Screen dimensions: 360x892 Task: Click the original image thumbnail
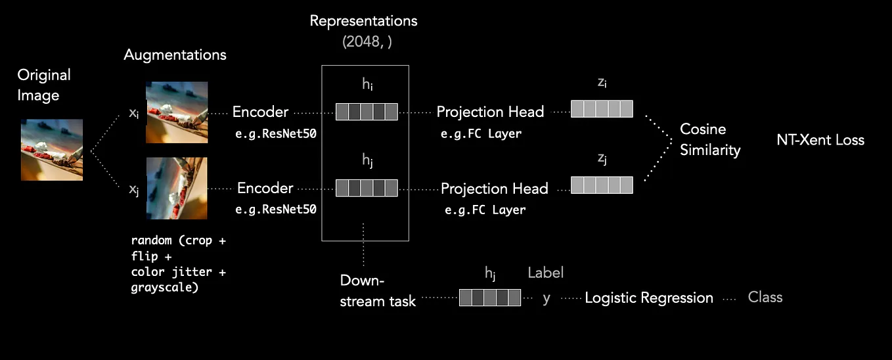point(52,150)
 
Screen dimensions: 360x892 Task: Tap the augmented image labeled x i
point(177,112)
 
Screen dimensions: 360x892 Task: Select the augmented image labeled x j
point(177,188)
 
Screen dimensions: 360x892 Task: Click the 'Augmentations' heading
point(175,55)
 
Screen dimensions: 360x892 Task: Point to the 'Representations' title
point(363,20)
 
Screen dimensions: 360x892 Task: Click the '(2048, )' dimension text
point(364,41)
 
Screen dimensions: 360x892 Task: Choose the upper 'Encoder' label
point(260,112)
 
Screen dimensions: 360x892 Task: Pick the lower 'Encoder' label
point(265,188)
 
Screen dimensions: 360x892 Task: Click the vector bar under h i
point(367,112)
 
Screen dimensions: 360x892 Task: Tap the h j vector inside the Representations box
point(367,188)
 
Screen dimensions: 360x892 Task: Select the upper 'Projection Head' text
point(490,112)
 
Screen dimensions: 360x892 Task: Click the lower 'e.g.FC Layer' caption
point(485,210)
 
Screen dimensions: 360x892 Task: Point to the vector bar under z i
point(602,108)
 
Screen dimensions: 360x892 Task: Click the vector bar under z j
point(602,185)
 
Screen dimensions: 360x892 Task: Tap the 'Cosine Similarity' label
point(709,139)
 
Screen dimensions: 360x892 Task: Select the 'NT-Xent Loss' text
point(820,139)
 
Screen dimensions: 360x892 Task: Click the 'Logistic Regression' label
point(649,298)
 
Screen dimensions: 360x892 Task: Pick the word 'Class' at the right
point(765,297)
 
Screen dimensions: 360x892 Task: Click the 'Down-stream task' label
point(378,290)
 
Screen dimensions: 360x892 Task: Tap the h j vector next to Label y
point(490,298)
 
